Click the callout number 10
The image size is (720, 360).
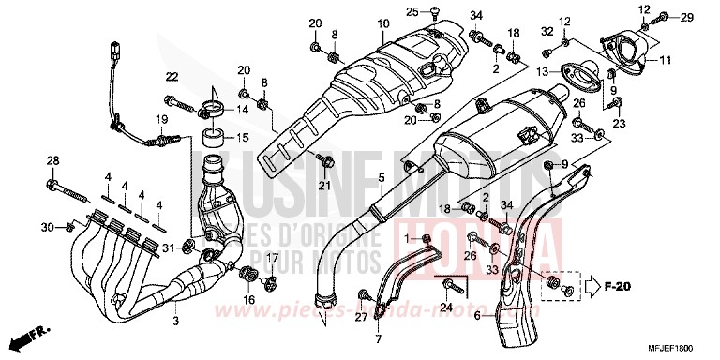355,22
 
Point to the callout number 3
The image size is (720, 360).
175,321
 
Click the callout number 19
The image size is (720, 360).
161,119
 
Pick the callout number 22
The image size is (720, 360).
172,76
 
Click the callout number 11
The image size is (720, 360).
667,62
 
